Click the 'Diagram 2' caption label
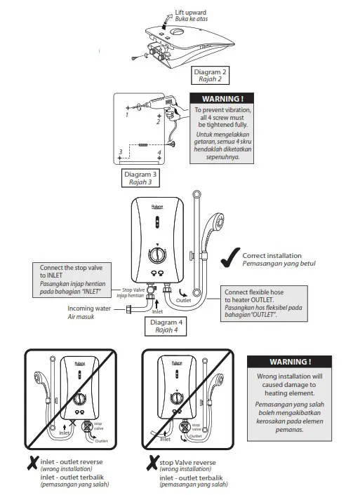click(x=210, y=72)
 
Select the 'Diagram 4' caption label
click(x=166, y=323)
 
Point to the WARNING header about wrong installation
click(x=289, y=362)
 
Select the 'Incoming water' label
click(x=88, y=308)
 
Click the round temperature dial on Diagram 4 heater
click(x=158, y=255)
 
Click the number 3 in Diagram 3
click(x=121, y=151)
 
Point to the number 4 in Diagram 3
click(x=159, y=151)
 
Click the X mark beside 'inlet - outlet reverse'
click(x=32, y=463)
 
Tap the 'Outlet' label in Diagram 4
click(x=183, y=300)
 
